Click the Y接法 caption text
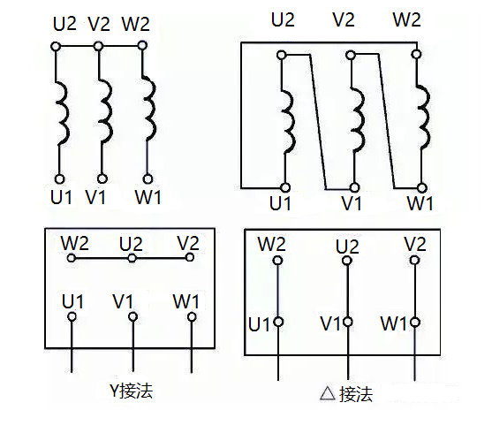click(x=131, y=390)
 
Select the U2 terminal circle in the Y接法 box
click(x=132, y=259)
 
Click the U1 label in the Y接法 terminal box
click(x=74, y=301)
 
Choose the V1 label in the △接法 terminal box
click(x=330, y=324)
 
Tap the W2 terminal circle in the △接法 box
click(x=278, y=261)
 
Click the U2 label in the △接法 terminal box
click(x=347, y=247)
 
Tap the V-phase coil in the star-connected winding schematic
click(x=102, y=110)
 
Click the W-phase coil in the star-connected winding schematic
click(x=148, y=110)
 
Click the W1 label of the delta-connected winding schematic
click(x=420, y=203)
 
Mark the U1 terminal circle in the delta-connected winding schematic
click(x=284, y=187)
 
